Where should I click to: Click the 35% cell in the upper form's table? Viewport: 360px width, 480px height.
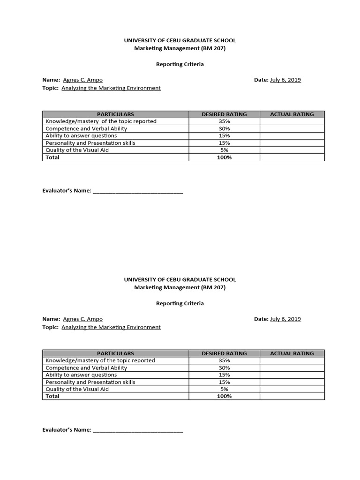(x=224, y=121)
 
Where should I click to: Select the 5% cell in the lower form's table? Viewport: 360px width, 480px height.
(x=224, y=389)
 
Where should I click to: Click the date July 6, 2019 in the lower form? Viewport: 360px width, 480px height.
(x=285, y=319)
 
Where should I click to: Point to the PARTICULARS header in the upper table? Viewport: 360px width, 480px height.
(x=115, y=114)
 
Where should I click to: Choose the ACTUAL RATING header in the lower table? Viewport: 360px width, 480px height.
(x=292, y=353)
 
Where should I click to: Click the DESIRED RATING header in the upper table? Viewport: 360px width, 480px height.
(x=224, y=114)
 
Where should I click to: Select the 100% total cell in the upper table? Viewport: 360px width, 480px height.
(x=224, y=157)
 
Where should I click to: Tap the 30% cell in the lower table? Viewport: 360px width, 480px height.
(x=224, y=368)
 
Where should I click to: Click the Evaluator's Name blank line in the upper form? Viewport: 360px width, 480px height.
(x=138, y=191)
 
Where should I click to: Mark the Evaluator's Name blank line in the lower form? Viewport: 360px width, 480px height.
(x=138, y=430)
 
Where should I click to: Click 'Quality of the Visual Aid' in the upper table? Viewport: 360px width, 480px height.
(x=77, y=150)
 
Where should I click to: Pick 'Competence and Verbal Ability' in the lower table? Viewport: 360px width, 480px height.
(x=86, y=368)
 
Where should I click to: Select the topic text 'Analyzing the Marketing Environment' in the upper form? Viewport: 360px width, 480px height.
(x=111, y=88)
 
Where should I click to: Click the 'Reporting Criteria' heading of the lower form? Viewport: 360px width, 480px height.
(x=180, y=303)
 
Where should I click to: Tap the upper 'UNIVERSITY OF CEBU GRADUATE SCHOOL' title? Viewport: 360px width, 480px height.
(x=180, y=41)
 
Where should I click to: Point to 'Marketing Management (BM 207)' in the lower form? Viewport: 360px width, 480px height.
(x=180, y=287)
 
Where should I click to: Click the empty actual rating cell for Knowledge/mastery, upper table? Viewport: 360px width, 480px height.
(x=292, y=121)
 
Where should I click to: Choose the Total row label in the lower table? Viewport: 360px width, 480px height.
(x=52, y=396)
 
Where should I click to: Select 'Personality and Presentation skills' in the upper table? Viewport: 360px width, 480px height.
(x=90, y=143)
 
